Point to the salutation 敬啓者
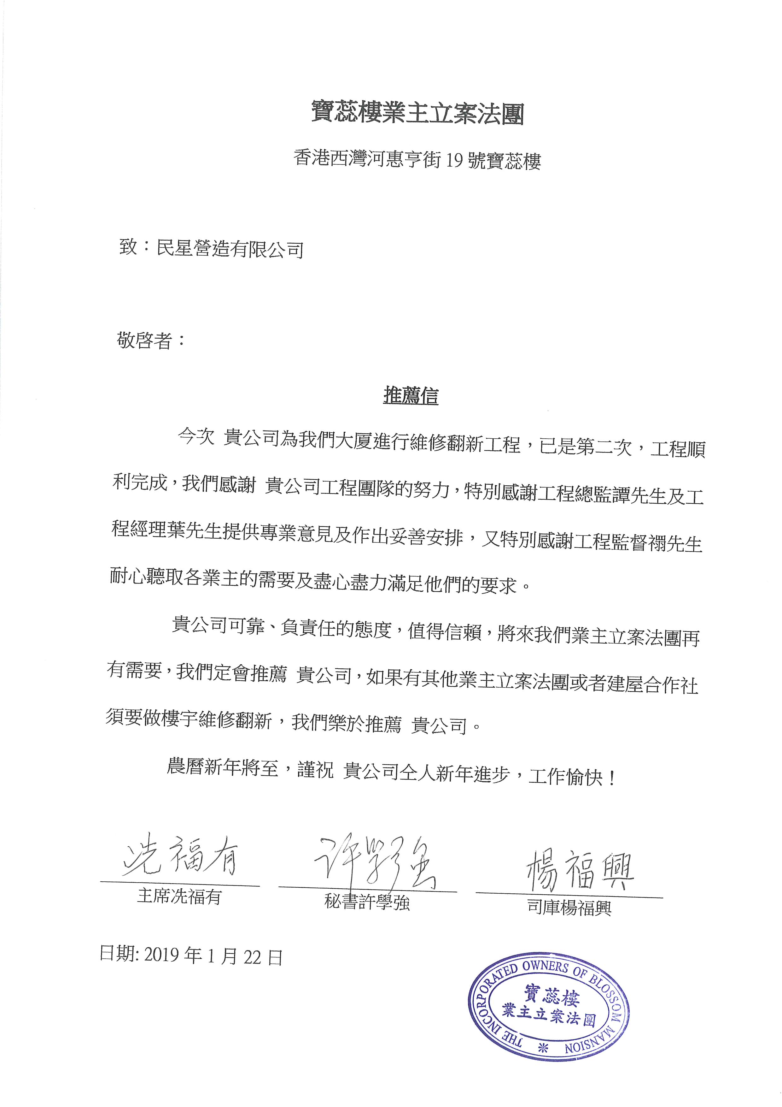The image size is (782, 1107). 144,340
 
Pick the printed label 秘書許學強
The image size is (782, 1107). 367,902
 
